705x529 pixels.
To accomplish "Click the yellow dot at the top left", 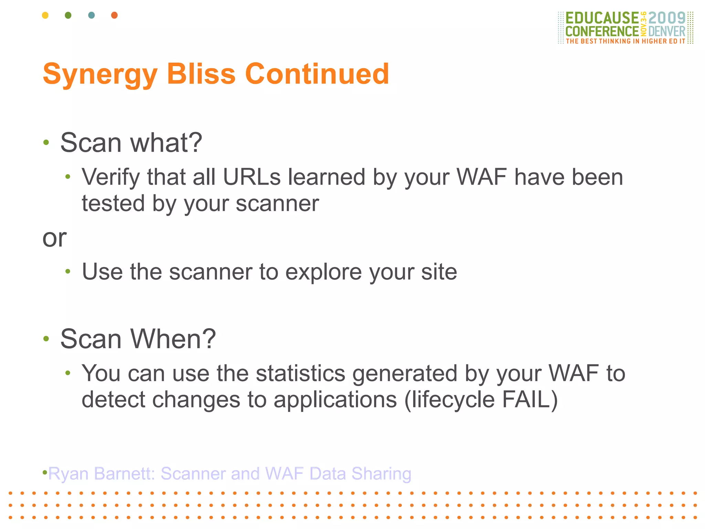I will click(x=45, y=15).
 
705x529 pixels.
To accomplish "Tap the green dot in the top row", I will click(x=68, y=15).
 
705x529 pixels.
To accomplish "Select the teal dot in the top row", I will click(x=91, y=15).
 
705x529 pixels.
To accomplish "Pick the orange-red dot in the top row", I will click(x=115, y=15).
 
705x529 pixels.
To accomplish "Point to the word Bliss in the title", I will click(x=201, y=74).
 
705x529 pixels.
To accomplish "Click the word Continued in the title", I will click(x=317, y=74).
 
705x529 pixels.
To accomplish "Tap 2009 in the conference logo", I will click(x=667, y=18).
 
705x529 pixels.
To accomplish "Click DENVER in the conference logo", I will click(x=667, y=31).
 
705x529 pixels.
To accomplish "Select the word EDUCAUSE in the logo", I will click(x=602, y=18).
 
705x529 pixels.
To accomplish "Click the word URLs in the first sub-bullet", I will click(x=252, y=177).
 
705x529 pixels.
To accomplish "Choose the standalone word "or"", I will click(x=54, y=238).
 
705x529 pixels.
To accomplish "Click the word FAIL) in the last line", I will click(x=530, y=400).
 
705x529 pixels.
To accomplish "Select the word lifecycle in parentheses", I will click(x=450, y=400).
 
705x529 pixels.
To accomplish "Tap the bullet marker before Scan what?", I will click(x=46, y=142).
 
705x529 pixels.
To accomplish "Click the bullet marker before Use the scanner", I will click(x=68, y=271).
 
